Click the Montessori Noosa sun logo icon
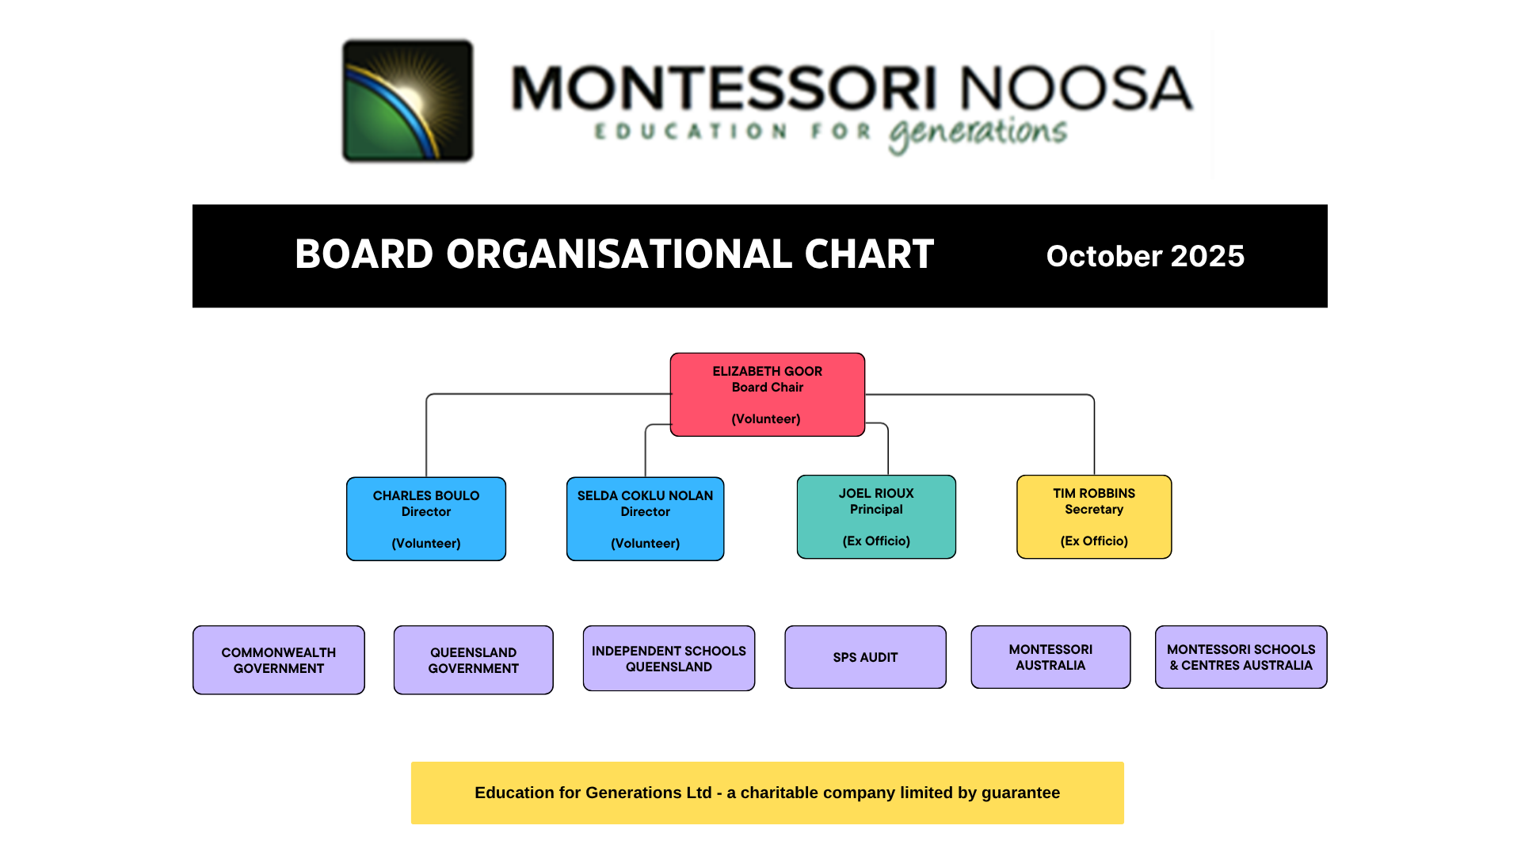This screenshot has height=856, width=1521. coord(408,101)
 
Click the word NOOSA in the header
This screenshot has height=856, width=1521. coord(1077,88)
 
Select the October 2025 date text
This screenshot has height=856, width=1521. coord(1146,256)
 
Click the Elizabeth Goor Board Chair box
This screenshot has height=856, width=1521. coord(768,395)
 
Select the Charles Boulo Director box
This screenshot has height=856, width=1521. coord(426,519)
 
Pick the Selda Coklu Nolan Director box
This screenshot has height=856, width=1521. coord(646,519)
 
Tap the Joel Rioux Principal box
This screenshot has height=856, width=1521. coord(876,517)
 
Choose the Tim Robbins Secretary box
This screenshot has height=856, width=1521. coord(1094,517)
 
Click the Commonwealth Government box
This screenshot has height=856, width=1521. coord(279,660)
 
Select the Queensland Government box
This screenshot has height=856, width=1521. coord(474,660)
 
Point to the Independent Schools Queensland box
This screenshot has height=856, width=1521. coord(669,659)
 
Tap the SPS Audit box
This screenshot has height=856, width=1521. coord(866,657)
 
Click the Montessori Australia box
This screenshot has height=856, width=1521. coord(1051,657)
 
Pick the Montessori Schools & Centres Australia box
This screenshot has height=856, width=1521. coord(1241,657)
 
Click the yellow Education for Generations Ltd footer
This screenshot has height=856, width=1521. coord(768,793)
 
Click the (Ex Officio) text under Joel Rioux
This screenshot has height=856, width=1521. coord(876,541)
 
